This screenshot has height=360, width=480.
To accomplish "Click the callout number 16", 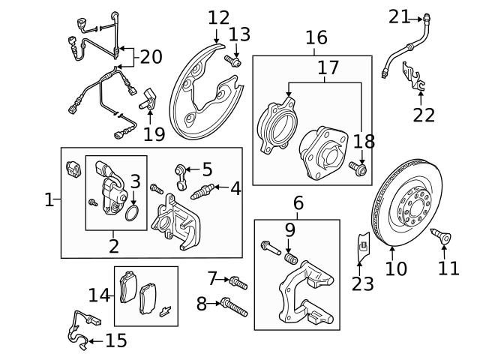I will pos(316,37).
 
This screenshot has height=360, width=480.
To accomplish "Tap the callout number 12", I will pos(219,17).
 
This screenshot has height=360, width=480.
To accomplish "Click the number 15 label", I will pos(115,341).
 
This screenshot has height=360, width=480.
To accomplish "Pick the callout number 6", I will pos(298,202).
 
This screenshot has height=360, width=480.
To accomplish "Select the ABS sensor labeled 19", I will pos(150,98).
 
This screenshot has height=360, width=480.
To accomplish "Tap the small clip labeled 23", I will pos(362,244).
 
